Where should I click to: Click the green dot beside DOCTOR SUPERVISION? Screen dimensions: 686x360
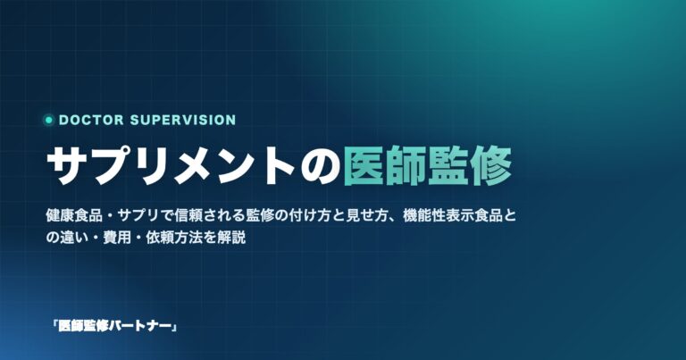click(x=49, y=120)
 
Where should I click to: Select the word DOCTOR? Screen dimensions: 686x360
click(x=91, y=120)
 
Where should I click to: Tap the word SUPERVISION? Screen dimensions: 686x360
click(x=183, y=120)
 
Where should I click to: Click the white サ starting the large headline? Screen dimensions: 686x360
click(x=65, y=166)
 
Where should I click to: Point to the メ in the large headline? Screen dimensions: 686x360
click(x=190, y=166)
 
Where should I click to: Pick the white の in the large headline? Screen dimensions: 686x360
click(x=320, y=167)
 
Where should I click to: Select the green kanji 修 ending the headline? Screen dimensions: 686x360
click(x=492, y=166)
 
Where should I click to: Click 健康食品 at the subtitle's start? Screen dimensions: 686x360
click(x=74, y=216)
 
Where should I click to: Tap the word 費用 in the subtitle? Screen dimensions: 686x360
click(x=117, y=238)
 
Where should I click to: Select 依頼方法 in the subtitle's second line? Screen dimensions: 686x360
click(x=174, y=238)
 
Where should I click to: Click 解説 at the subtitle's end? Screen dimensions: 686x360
click(x=231, y=238)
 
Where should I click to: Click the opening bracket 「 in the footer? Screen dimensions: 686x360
click(x=54, y=326)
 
